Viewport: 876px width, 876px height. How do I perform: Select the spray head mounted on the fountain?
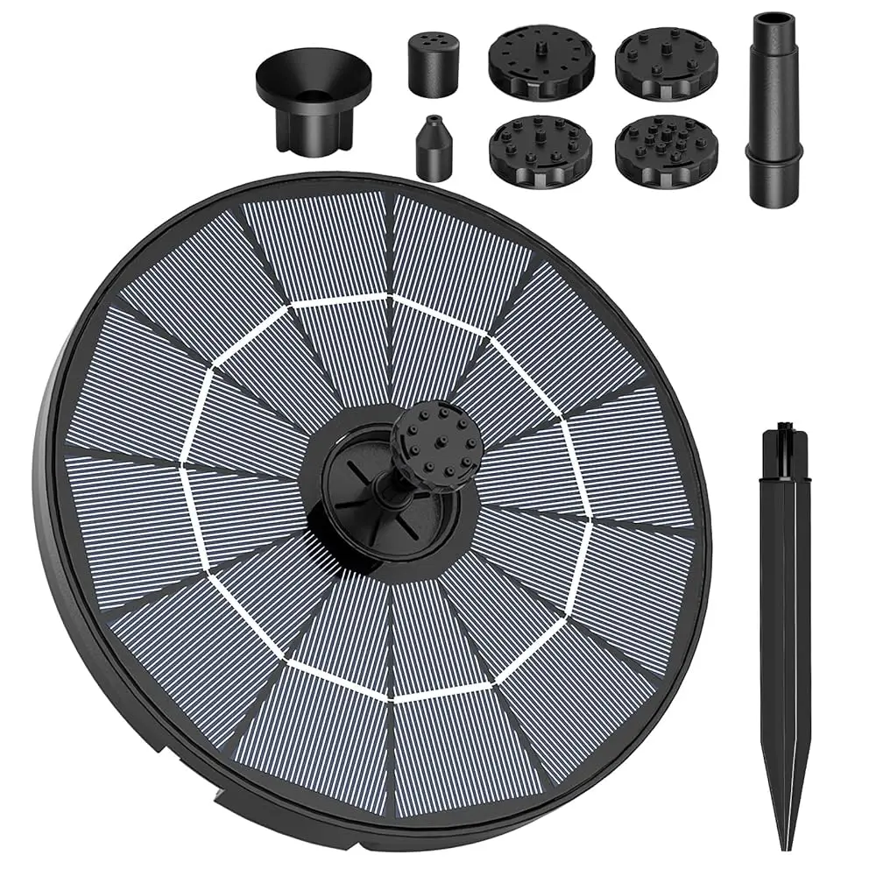point(436,439)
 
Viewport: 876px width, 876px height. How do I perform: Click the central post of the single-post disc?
point(540,44)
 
